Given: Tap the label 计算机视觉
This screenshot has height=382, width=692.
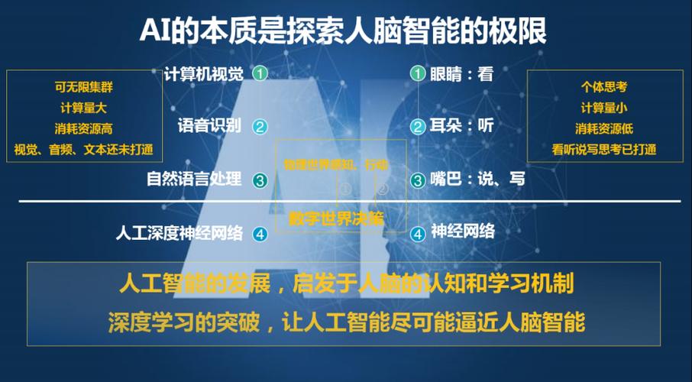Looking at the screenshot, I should coord(204,74).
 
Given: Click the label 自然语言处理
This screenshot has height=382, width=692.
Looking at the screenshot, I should coord(194,180).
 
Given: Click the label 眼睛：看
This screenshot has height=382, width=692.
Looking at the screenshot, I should coord(461,74).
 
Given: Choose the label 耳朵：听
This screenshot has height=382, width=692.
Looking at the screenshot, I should coord(461,126).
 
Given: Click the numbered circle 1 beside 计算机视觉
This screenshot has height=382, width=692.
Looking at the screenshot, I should coord(260,74).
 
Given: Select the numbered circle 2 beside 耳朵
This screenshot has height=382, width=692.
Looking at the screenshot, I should coord(417,127).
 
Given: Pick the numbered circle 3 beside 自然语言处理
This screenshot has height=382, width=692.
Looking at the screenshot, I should coord(260,180).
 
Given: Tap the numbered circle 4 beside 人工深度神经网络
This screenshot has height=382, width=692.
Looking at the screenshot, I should coord(260,234).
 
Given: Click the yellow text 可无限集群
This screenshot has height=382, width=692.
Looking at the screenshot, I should coord(84,88).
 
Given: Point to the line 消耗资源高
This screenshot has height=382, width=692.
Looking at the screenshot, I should coord(84,128).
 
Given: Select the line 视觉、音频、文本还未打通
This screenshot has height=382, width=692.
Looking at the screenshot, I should coord(84,149).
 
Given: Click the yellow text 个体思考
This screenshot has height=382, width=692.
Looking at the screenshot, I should coord(604,87).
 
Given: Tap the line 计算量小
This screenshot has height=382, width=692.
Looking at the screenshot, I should coord(604,108).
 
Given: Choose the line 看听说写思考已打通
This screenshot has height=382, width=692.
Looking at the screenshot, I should coord(604,149).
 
